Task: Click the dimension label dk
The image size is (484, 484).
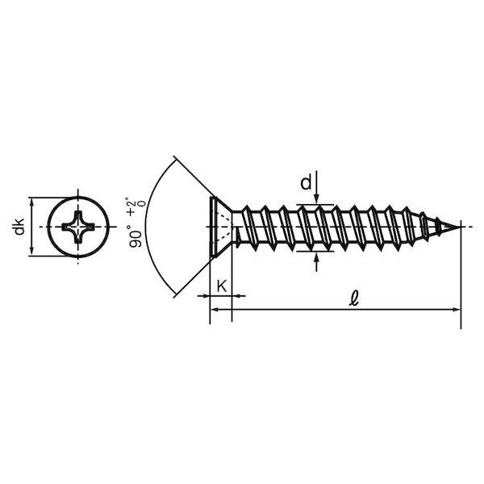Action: pyautogui.click(x=19, y=227)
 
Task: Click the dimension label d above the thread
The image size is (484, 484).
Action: pyautogui.click(x=306, y=183)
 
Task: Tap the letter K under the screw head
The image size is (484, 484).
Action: pyautogui.click(x=222, y=286)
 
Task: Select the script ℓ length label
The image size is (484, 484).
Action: pyautogui.click(x=354, y=298)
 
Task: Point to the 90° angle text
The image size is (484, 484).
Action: pyautogui.click(x=136, y=236)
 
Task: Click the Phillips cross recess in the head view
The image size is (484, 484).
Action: pyautogui.click(x=77, y=227)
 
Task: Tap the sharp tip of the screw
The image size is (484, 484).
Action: pyautogui.click(x=459, y=227)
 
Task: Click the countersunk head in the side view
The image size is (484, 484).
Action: pyautogui.click(x=220, y=227)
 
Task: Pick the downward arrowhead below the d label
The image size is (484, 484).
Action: pyautogui.click(x=316, y=200)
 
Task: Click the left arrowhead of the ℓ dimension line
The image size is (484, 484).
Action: pyautogui.click(x=215, y=309)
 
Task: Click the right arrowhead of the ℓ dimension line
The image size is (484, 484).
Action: pyautogui.click(x=456, y=309)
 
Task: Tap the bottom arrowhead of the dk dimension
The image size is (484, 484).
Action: pyautogui.click(x=31, y=251)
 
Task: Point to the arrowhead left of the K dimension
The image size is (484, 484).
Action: pyautogui.click(x=205, y=296)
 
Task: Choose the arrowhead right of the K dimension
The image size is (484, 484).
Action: pyautogui.click(x=236, y=296)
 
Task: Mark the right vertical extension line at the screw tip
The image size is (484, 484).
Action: pyautogui.click(x=461, y=275)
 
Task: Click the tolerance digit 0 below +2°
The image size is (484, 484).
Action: pyautogui.click(x=142, y=204)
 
